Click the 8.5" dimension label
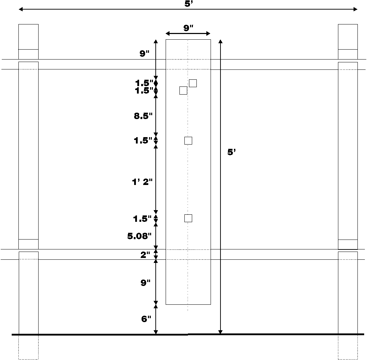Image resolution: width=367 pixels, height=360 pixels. (x=143, y=116)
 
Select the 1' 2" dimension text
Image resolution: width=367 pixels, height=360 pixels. (x=142, y=182)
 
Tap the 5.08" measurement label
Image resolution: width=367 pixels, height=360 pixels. (x=139, y=236)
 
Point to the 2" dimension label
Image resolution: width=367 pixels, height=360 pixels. (x=145, y=255)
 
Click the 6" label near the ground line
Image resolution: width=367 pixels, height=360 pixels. (x=146, y=319)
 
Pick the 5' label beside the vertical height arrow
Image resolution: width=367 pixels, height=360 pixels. (x=231, y=152)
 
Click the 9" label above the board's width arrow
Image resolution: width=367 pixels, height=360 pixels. (x=188, y=28)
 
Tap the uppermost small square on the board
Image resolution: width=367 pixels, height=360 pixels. (x=193, y=83)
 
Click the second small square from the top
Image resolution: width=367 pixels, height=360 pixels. (x=183, y=91)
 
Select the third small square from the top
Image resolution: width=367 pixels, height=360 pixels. (x=188, y=141)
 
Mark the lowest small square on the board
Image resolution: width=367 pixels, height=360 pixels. (x=188, y=218)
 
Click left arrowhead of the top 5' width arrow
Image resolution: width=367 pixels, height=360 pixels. (x=21, y=9)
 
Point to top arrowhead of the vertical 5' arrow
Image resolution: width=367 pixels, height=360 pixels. (x=220, y=41)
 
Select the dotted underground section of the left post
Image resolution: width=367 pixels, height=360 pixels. (x=28, y=347)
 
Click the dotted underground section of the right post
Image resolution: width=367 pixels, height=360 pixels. (x=348, y=347)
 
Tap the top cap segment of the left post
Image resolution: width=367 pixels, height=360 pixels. (x=28, y=37)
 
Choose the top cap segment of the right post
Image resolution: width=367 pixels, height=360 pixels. (x=348, y=37)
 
